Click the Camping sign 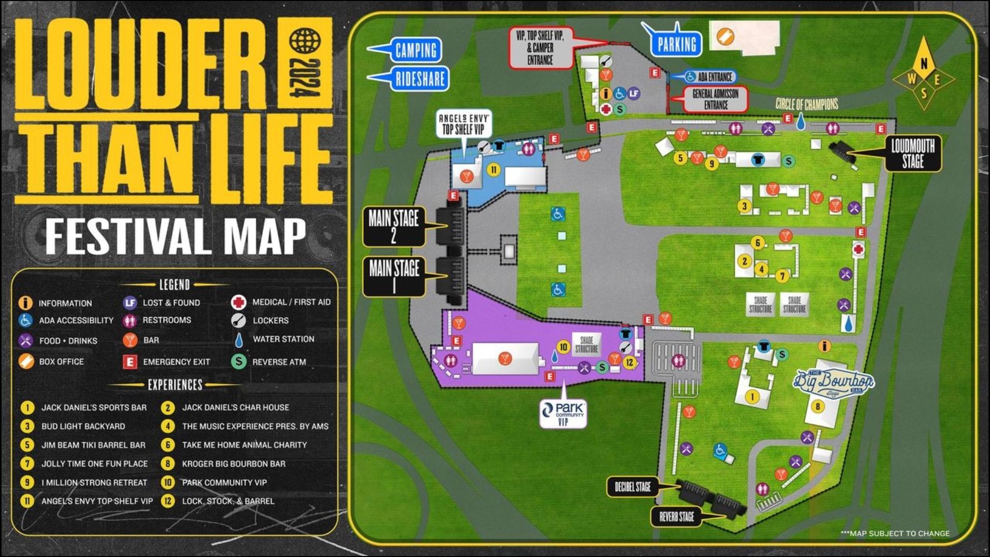[416, 51]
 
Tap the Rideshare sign [420, 79]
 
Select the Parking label [676, 45]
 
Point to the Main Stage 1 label [394, 276]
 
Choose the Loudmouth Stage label [913, 153]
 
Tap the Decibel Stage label [632, 487]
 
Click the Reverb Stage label [676, 516]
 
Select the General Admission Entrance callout [715, 99]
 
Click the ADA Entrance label [714, 77]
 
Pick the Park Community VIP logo [563, 413]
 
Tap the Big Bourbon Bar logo [833, 382]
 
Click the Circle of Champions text [806, 104]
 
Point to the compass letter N [923, 63]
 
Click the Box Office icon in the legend [26, 361]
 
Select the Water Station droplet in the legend [238, 339]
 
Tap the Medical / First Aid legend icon [238, 302]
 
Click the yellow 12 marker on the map [629, 363]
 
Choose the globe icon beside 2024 [305, 41]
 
